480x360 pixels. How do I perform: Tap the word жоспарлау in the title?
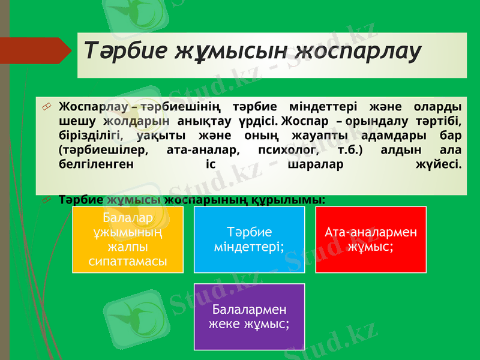pos(358,50)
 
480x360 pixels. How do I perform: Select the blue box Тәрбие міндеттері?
pos(249,239)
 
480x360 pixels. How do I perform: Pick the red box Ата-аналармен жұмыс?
pos(371,239)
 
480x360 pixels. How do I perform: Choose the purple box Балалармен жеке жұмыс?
pos(249,317)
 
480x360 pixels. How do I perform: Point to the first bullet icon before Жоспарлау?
pos(46,107)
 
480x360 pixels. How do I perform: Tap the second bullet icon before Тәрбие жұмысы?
pos(46,199)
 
